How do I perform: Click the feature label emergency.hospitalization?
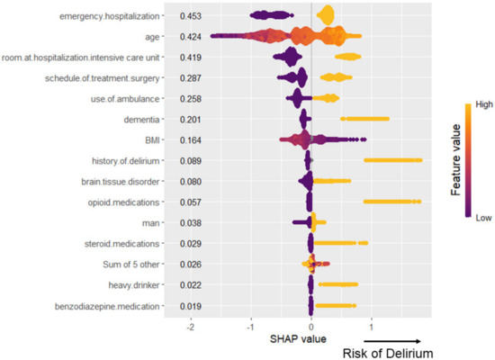[x=112, y=16]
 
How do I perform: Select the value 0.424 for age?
[x=189, y=37]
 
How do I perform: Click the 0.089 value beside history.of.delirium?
[x=189, y=161]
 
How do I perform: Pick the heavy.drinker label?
[x=134, y=285]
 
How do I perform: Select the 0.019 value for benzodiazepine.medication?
[x=189, y=306]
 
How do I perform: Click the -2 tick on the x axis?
[x=190, y=327]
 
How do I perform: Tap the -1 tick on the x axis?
[x=250, y=327]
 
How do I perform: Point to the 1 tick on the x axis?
[x=372, y=327]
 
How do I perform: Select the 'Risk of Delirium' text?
[x=387, y=351]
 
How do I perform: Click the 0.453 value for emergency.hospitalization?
[x=189, y=16]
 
